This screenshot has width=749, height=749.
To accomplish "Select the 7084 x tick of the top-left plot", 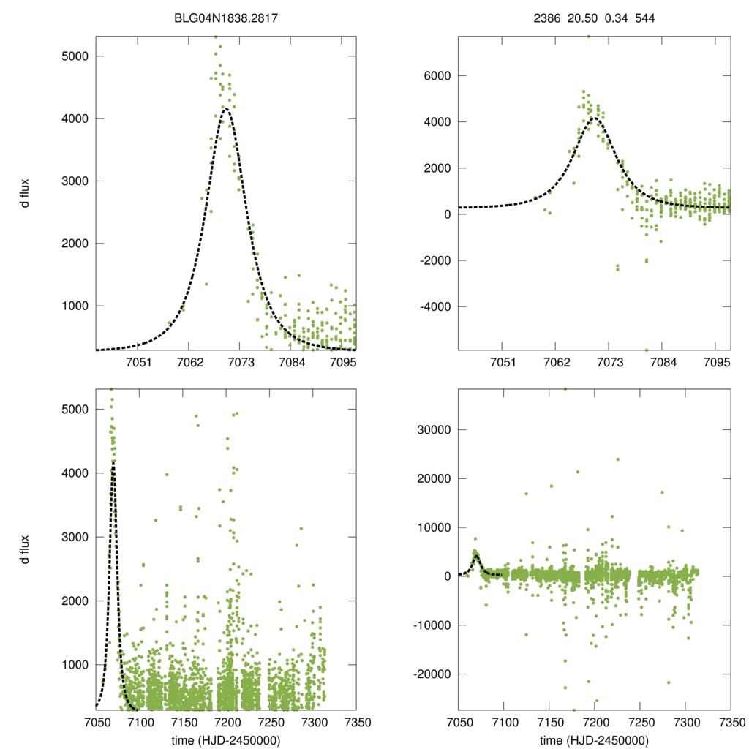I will (x=293, y=364).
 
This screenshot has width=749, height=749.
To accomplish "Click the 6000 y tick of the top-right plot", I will (x=436, y=75).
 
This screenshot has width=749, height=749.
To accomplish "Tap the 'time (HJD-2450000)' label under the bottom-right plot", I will (x=594, y=739).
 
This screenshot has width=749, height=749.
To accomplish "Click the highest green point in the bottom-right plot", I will (x=565, y=389).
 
